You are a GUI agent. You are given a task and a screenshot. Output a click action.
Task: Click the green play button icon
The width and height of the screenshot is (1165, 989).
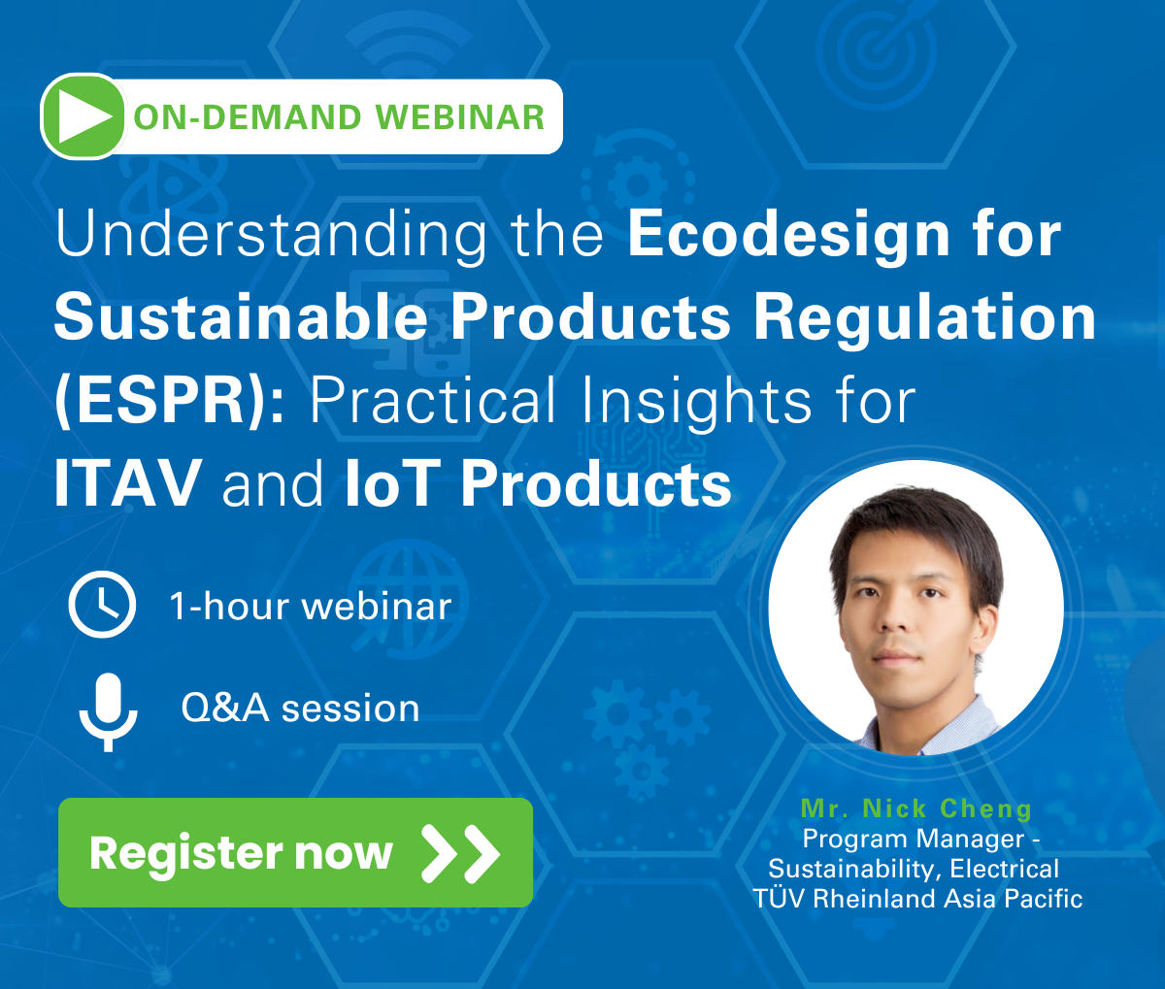83,116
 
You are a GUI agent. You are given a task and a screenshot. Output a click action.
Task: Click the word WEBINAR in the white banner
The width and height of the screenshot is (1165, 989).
460,117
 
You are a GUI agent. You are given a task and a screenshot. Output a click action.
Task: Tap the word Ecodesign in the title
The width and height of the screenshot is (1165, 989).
789,237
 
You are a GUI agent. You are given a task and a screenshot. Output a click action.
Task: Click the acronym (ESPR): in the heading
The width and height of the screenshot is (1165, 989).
170,401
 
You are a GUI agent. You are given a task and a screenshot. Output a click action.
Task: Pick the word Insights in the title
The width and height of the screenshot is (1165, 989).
697,401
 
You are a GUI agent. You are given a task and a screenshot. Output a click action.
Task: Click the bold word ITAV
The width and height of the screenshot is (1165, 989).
128,483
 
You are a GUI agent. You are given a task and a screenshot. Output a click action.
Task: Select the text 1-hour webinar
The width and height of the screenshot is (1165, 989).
311,607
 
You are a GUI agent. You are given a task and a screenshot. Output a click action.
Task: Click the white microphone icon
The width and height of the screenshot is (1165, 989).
108,711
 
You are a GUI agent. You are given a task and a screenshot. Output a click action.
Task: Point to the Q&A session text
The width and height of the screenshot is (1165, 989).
300,709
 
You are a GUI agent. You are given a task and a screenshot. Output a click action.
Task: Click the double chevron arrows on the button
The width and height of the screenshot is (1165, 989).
461,853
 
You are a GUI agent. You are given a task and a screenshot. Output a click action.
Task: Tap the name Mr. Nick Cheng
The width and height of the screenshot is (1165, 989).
915,808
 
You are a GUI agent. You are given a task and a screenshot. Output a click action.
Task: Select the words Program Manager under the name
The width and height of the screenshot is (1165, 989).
913,840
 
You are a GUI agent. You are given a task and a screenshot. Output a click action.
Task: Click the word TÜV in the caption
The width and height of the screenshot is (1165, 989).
780,899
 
